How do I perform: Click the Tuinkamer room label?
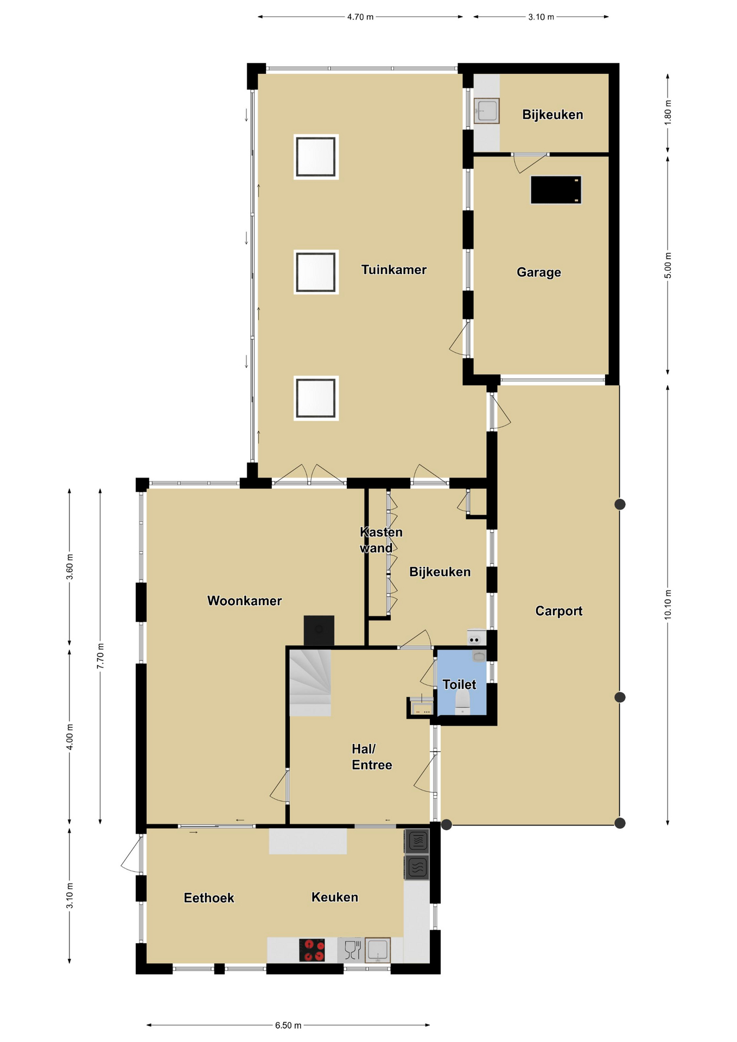(x=393, y=270)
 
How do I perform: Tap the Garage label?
(x=538, y=272)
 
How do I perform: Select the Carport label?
(x=558, y=611)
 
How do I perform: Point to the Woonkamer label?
(x=244, y=601)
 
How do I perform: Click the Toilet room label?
(x=459, y=684)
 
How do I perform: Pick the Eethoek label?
(x=209, y=898)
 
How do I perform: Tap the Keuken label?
(x=335, y=897)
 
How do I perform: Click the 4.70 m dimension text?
(x=360, y=17)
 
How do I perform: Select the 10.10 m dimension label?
(x=668, y=605)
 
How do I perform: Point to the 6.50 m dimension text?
(x=288, y=1025)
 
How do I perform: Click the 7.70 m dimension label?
(x=100, y=656)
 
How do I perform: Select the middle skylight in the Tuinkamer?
(x=316, y=272)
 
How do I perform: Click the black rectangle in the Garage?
(x=556, y=190)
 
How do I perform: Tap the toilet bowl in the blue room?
(x=462, y=702)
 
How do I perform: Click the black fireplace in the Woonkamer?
(x=319, y=630)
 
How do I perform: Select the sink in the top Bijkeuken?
(x=486, y=111)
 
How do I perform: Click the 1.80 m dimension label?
(x=668, y=112)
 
